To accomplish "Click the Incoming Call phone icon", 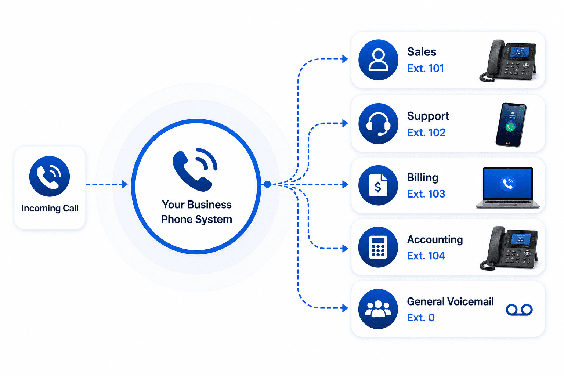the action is pyautogui.click(x=49, y=176).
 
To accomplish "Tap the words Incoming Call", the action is pyautogui.click(x=50, y=208).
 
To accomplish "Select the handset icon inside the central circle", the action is pyautogui.click(x=195, y=170).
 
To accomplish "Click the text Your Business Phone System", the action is pyautogui.click(x=196, y=212).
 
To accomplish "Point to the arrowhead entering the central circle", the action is pyautogui.click(x=124, y=184).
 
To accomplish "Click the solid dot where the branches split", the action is pyautogui.click(x=267, y=184).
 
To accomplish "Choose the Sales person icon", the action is pyautogui.click(x=378, y=60).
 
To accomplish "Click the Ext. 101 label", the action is pyautogui.click(x=425, y=68).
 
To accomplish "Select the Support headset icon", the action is pyautogui.click(x=378, y=123).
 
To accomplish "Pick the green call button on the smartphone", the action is pyautogui.click(x=510, y=127).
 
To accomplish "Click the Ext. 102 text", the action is pyautogui.click(x=426, y=133).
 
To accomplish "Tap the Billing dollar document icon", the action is pyautogui.click(x=378, y=185).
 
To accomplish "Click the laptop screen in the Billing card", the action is pyautogui.click(x=507, y=183).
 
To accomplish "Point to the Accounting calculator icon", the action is pyautogui.click(x=378, y=247).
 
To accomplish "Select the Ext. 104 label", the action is pyautogui.click(x=426, y=256).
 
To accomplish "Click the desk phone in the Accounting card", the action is pyautogui.click(x=509, y=248).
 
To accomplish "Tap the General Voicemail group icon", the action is pyautogui.click(x=378, y=309).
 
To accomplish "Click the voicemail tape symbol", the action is pyautogui.click(x=519, y=310).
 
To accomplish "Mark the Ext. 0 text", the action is pyautogui.click(x=421, y=318).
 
